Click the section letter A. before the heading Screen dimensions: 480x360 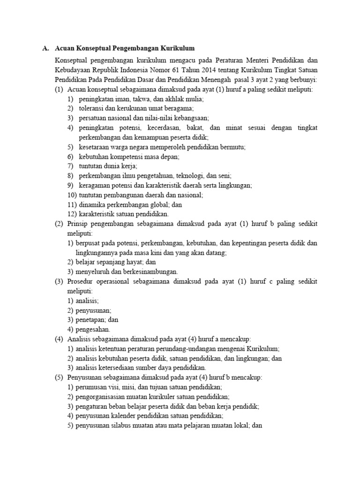45,48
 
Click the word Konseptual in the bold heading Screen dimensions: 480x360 90,48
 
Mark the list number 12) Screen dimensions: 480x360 72,214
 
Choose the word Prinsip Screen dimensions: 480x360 78,224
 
